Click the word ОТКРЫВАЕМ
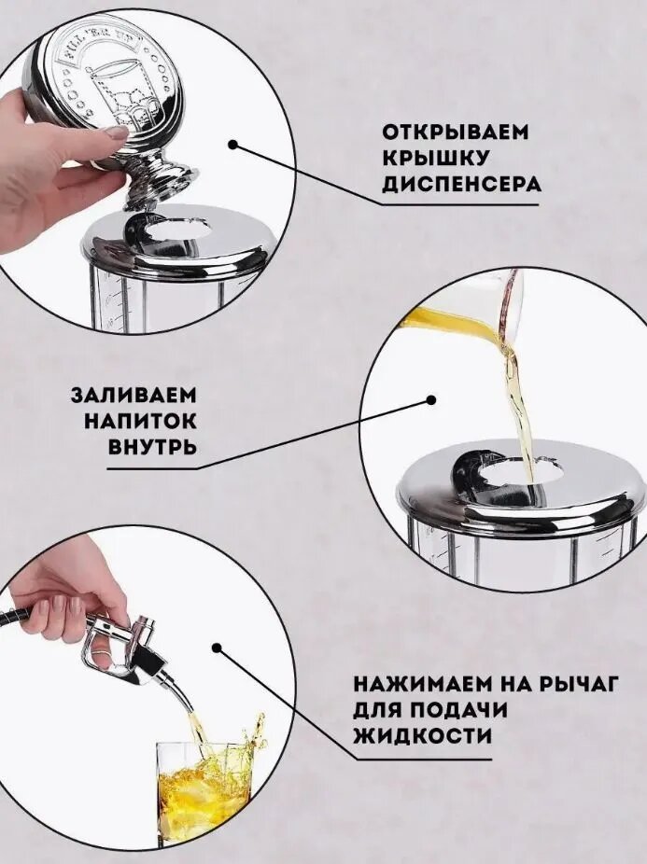coord(455,132)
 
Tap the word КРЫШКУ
coord(435,158)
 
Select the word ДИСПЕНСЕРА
coord(461,184)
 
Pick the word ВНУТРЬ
coord(151,447)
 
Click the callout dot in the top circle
coord(232,145)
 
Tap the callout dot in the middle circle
coord(431,400)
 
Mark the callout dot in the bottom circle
coord(218,648)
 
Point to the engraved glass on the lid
coord(120,92)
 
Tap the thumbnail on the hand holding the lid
coord(117,132)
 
